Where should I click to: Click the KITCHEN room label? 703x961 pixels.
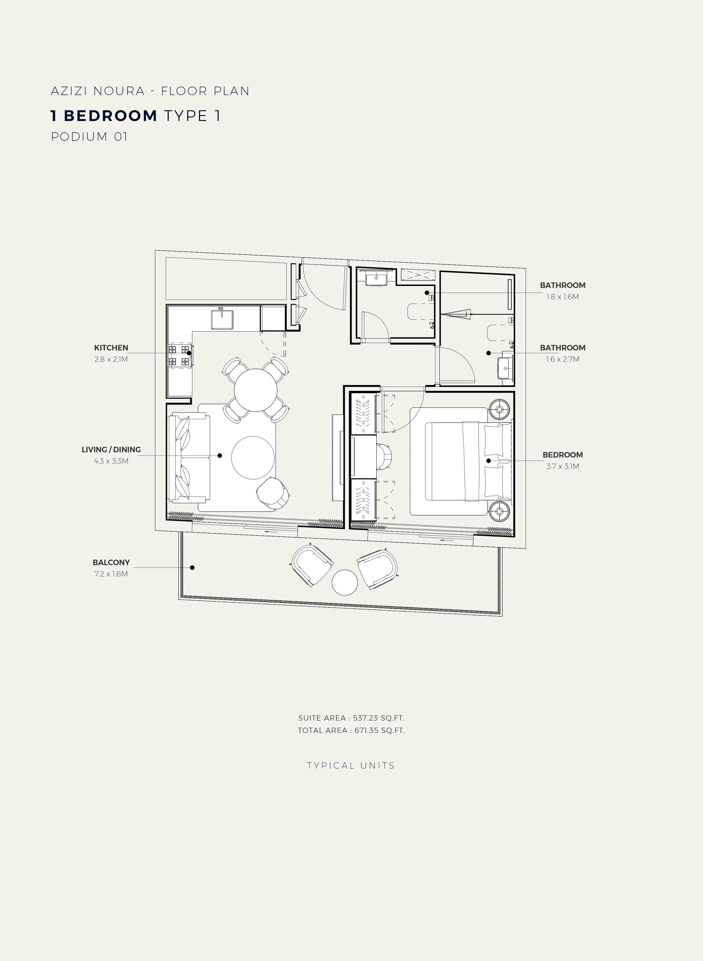[111, 348]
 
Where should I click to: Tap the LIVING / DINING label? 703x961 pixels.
[111, 449]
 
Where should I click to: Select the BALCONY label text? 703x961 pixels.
[111, 563]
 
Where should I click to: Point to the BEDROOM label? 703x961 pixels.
[562, 455]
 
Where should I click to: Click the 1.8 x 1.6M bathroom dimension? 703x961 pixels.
[562, 297]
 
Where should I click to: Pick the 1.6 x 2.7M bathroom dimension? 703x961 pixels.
[562, 359]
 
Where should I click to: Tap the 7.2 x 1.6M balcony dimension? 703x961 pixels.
[111, 574]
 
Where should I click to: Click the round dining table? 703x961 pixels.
[256, 390]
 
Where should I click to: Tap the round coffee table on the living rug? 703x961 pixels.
[253, 458]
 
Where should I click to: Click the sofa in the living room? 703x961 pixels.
[189, 458]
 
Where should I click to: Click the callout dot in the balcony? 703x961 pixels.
[192, 567]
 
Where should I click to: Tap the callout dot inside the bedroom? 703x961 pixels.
[489, 460]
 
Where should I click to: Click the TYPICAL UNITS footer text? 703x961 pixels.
[351, 766]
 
